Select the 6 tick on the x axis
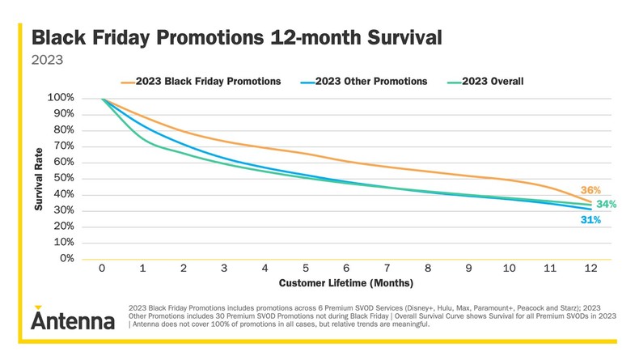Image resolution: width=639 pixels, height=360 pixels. pos(346,269)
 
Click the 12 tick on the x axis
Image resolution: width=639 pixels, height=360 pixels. pos(590,269)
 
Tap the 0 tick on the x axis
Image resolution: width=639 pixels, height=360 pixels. pos(103,269)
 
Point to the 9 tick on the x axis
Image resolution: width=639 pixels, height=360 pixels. pos(468,269)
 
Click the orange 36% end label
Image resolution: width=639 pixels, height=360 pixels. pos(591,189)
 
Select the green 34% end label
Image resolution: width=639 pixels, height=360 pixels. pos(606,204)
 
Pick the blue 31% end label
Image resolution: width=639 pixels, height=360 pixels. pos(591,220)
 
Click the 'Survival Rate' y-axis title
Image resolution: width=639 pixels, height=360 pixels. pos(38,179)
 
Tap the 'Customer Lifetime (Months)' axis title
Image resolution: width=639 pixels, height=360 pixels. pos(346,284)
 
